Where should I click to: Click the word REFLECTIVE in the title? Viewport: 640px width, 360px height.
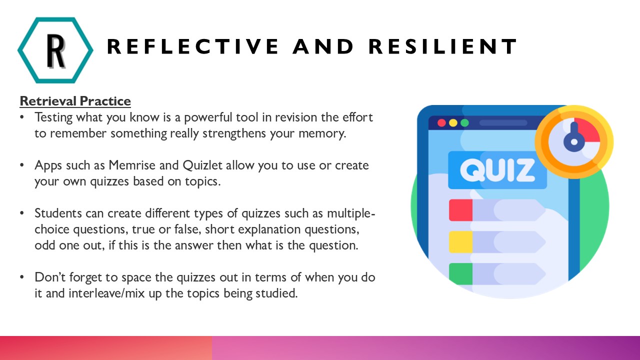(x=193, y=46)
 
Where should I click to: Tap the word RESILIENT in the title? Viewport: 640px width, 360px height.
(x=442, y=46)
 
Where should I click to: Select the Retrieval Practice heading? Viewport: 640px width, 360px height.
(x=75, y=101)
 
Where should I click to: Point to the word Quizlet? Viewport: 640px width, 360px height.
(x=202, y=165)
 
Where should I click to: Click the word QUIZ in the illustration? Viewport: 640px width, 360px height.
(x=497, y=170)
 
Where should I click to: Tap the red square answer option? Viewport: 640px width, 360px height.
(x=460, y=210)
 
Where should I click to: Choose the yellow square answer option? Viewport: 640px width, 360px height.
(x=460, y=242)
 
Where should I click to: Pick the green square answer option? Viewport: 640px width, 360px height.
(x=460, y=274)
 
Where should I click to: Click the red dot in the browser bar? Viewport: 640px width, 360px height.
(x=441, y=123)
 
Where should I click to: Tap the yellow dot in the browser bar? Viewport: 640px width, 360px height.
(x=453, y=123)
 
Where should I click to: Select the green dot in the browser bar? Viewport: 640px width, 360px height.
(x=465, y=123)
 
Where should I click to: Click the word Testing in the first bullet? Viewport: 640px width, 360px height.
(x=53, y=117)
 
